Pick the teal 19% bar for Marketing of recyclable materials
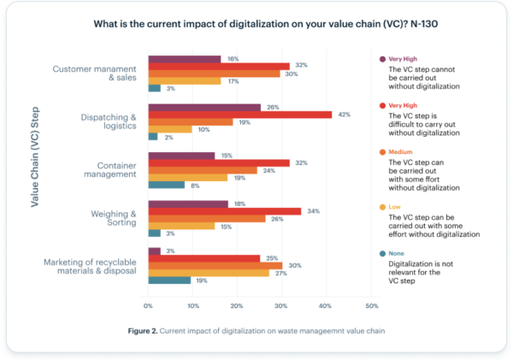tap(169, 280)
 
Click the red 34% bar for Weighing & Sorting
tap(225, 210)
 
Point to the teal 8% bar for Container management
tap(166, 184)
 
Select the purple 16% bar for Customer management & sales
tap(184, 59)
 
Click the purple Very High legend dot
tap(381, 59)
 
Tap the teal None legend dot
tap(381, 251)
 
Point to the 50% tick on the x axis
tap(371, 306)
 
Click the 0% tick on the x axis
tap(149, 306)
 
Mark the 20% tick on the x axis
tap(238, 306)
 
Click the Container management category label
tap(106, 168)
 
